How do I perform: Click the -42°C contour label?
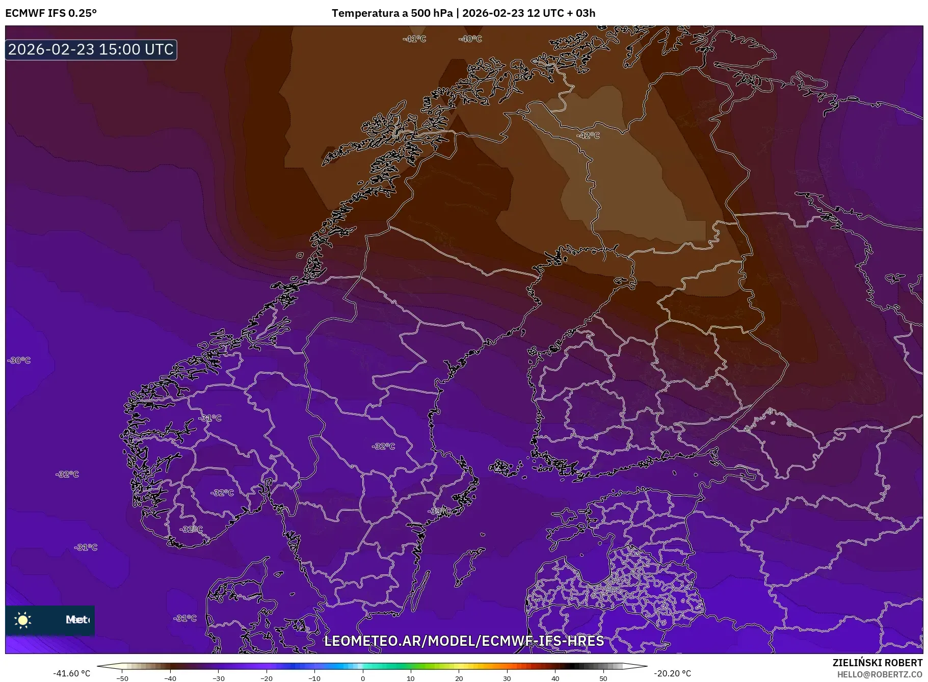[588, 136]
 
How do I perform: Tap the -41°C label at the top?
[414, 39]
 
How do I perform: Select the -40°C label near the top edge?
[470, 39]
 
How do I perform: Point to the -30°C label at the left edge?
[19, 360]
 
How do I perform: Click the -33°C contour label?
[438, 511]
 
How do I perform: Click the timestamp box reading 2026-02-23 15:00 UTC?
[91, 49]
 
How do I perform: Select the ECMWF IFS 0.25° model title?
[51, 13]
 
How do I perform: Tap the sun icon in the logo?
[22, 620]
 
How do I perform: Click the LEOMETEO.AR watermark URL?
[464, 641]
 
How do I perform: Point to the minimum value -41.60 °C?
[71, 673]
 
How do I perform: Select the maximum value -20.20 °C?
[672, 673]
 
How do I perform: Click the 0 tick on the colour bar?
[363, 678]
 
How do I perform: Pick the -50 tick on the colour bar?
[122, 678]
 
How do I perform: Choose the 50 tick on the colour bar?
[603, 678]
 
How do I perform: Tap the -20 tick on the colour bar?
[267, 678]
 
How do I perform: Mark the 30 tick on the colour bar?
[507, 678]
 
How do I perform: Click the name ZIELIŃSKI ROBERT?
[877, 663]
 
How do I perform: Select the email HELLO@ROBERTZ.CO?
[879, 674]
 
